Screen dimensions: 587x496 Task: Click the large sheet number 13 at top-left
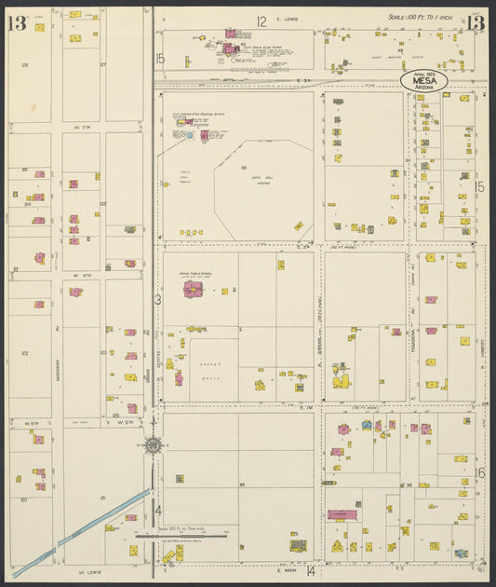17,23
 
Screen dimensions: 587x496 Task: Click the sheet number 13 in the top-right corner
476,23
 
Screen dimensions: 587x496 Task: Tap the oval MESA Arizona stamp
424,81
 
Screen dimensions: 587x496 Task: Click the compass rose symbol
153,444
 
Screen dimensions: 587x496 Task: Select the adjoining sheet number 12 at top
261,20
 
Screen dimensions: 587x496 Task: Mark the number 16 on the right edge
480,473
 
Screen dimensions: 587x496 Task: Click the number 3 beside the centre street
157,299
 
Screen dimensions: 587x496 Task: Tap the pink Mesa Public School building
194,290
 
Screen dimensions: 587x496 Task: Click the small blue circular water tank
190,135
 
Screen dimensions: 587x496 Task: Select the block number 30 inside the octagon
243,169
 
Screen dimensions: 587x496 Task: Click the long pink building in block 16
342,514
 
